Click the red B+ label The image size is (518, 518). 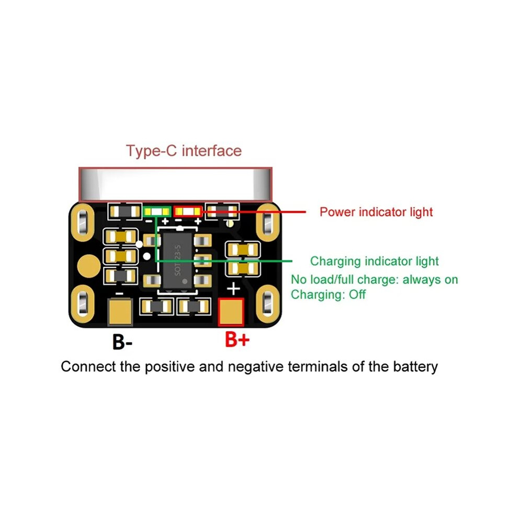click(237, 339)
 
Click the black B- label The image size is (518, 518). click(122, 342)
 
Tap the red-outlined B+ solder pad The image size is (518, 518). click(231, 312)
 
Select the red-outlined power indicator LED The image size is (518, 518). click(188, 211)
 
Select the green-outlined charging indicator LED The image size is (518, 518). click(157, 211)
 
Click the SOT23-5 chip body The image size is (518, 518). click(177, 261)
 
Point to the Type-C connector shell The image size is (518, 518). click(175, 184)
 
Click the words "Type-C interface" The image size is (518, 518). click(184, 151)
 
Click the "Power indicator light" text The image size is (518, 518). click(376, 212)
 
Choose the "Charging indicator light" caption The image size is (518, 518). click(374, 261)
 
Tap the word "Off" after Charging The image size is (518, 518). click(357, 294)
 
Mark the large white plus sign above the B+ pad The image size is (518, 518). click(233, 288)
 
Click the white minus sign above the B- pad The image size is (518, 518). click(119, 293)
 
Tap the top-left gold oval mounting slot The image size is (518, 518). click(83, 222)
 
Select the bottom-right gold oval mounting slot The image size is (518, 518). click(267, 303)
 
